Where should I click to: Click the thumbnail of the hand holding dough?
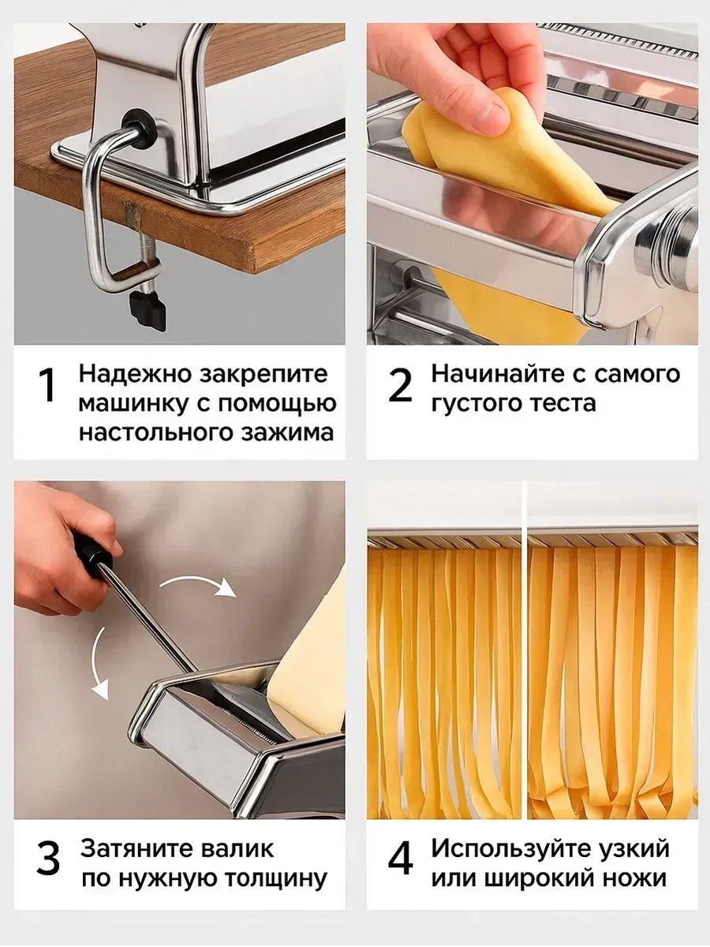click(x=532, y=184)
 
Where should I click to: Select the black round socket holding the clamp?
click(x=139, y=128)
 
